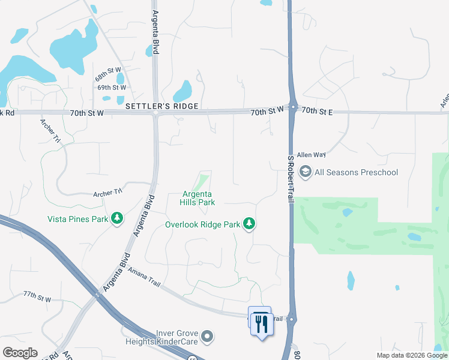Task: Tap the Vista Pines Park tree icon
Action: (118, 219)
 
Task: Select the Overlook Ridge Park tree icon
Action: (249, 224)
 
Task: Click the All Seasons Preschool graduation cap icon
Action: (305, 173)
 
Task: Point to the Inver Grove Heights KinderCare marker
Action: (208, 337)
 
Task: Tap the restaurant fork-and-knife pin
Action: (261, 324)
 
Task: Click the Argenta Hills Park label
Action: (199, 199)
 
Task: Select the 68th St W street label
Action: (108, 78)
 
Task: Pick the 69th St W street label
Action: (112, 88)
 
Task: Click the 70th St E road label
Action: (317, 111)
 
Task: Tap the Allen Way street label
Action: (311, 154)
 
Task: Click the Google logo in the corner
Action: (20, 352)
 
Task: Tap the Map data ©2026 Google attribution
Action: (411, 355)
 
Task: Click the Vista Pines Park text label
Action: (77, 219)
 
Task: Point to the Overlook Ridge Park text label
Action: (203, 225)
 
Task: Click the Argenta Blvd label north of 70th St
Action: (155, 32)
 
